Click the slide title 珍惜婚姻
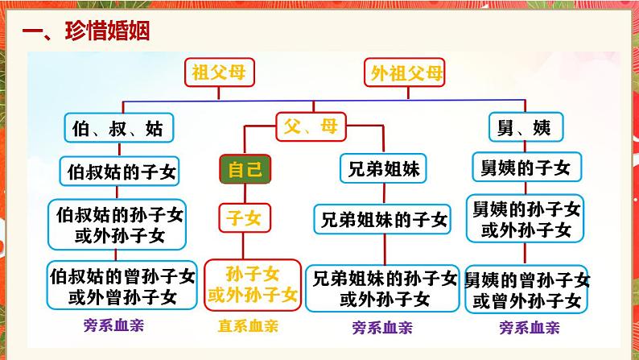pyautogui.click(x=107, y=31)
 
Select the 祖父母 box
pyautogui.click(x=219, y=72)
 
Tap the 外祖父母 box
pyautogui.click(x=404, y=72)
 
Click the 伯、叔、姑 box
pyautogui.click(x=119, y=128)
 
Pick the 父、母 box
pyautogui.click(x=311, y=126)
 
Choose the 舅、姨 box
pyautogui.click(x=526, y=127)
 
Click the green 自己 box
pyautogui.click(x=245, y=169)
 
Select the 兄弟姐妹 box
pyautogui.click(x=383, y=168)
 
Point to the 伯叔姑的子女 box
pyautogui.click(x=119, y=172)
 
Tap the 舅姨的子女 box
pyautogui.click(x=526, y=168)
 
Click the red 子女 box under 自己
pyautogui.click(x=245, y=218)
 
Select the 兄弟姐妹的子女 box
pyautogui.click(x=382, y=219)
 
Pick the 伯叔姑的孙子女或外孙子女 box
pyautogui.click(x=117, y=225)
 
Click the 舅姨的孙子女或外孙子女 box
pyautogui.click(x=526, y=219)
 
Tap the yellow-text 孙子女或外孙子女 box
pyautogui.click(x=253, y=284)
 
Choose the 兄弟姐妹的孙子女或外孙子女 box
pyautogui.click(x=382, y=288)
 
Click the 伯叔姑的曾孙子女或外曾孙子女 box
pyautogui.click(x=122, y=285)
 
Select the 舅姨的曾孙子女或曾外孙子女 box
pyautogui.click(x=526, y=289)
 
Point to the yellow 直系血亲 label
pyautogui.click(x=248, y=326)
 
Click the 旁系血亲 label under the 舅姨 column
pyautogui.click(x=530, y=328)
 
